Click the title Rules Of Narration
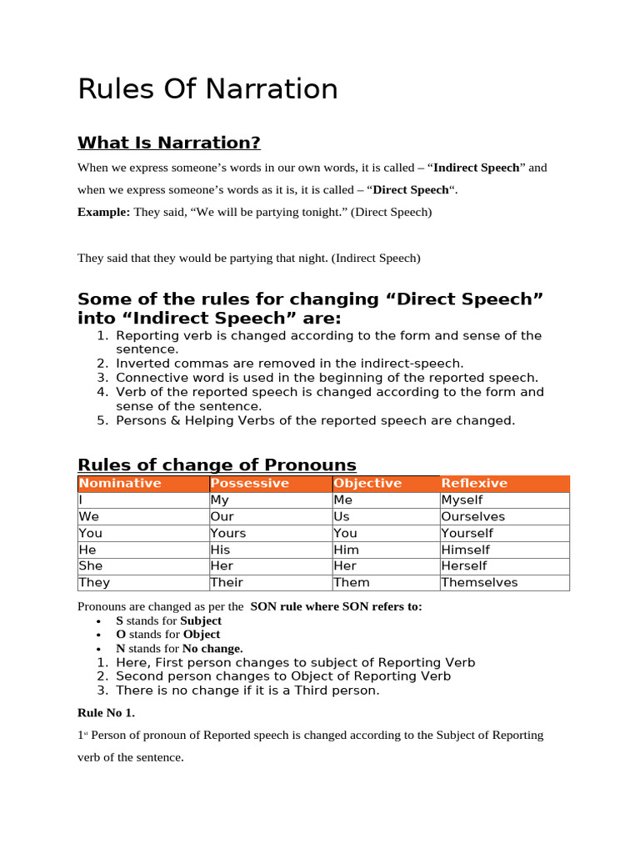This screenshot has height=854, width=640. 207,89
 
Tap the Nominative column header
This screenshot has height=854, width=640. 119,484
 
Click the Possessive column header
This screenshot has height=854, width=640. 250,484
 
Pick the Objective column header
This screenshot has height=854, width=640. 367,484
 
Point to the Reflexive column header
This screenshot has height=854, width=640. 474,484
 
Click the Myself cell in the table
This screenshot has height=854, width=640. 462,500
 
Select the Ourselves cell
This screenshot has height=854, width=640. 472,517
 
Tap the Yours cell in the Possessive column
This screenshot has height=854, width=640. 228,533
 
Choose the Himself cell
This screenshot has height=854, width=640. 465,550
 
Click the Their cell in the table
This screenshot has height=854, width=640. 227,583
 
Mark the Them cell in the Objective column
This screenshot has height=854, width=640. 351,583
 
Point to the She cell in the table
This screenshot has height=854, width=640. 90,566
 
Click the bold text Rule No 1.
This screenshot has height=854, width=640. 106,713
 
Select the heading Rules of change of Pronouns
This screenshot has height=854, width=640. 217,465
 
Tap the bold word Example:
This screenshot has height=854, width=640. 103,213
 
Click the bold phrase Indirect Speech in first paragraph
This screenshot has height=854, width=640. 477,168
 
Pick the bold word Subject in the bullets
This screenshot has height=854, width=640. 201,621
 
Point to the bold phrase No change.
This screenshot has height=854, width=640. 212,648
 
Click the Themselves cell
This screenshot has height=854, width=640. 479,583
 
